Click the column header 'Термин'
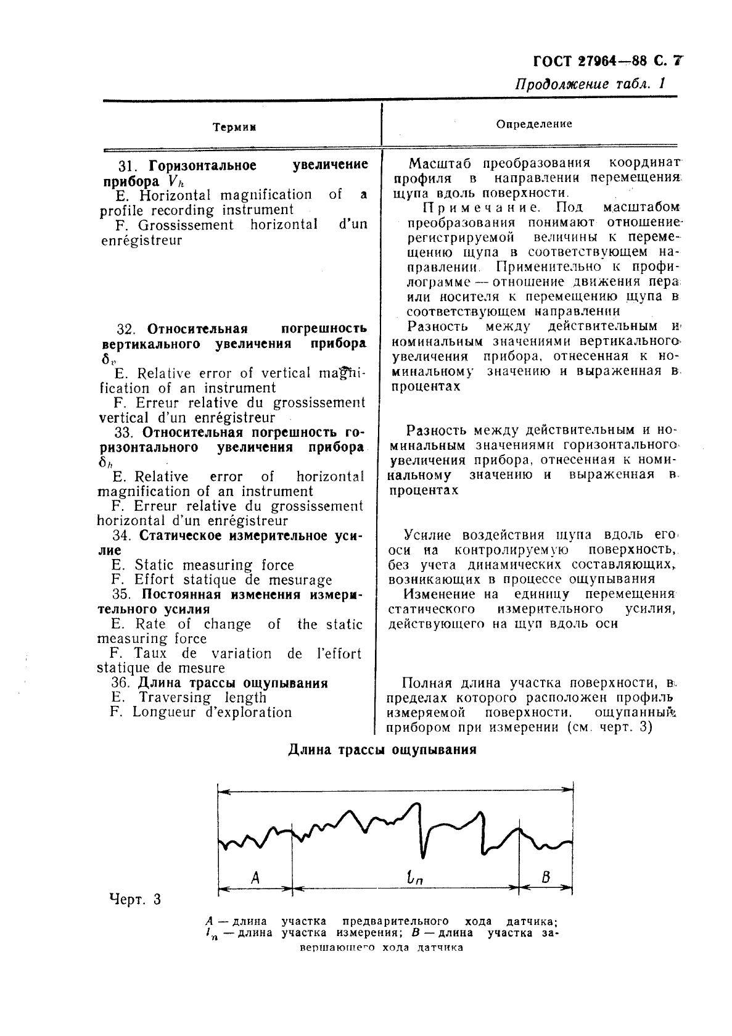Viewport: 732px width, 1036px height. (x=234, y=127)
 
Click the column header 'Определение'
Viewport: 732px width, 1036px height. (x=534, y=124)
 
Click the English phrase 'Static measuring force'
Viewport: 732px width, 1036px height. (x=214, y=565)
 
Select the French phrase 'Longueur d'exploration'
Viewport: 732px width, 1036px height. (x=212, y=712)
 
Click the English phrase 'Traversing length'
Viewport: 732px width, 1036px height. (x=203, y=697)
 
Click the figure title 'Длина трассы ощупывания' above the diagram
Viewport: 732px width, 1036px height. (x=382, y=750)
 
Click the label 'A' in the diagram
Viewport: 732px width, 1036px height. (x=256, y=876)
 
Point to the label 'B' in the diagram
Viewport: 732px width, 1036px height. (x=545, y=876)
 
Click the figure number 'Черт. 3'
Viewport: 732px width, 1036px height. (x=134, y=898)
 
